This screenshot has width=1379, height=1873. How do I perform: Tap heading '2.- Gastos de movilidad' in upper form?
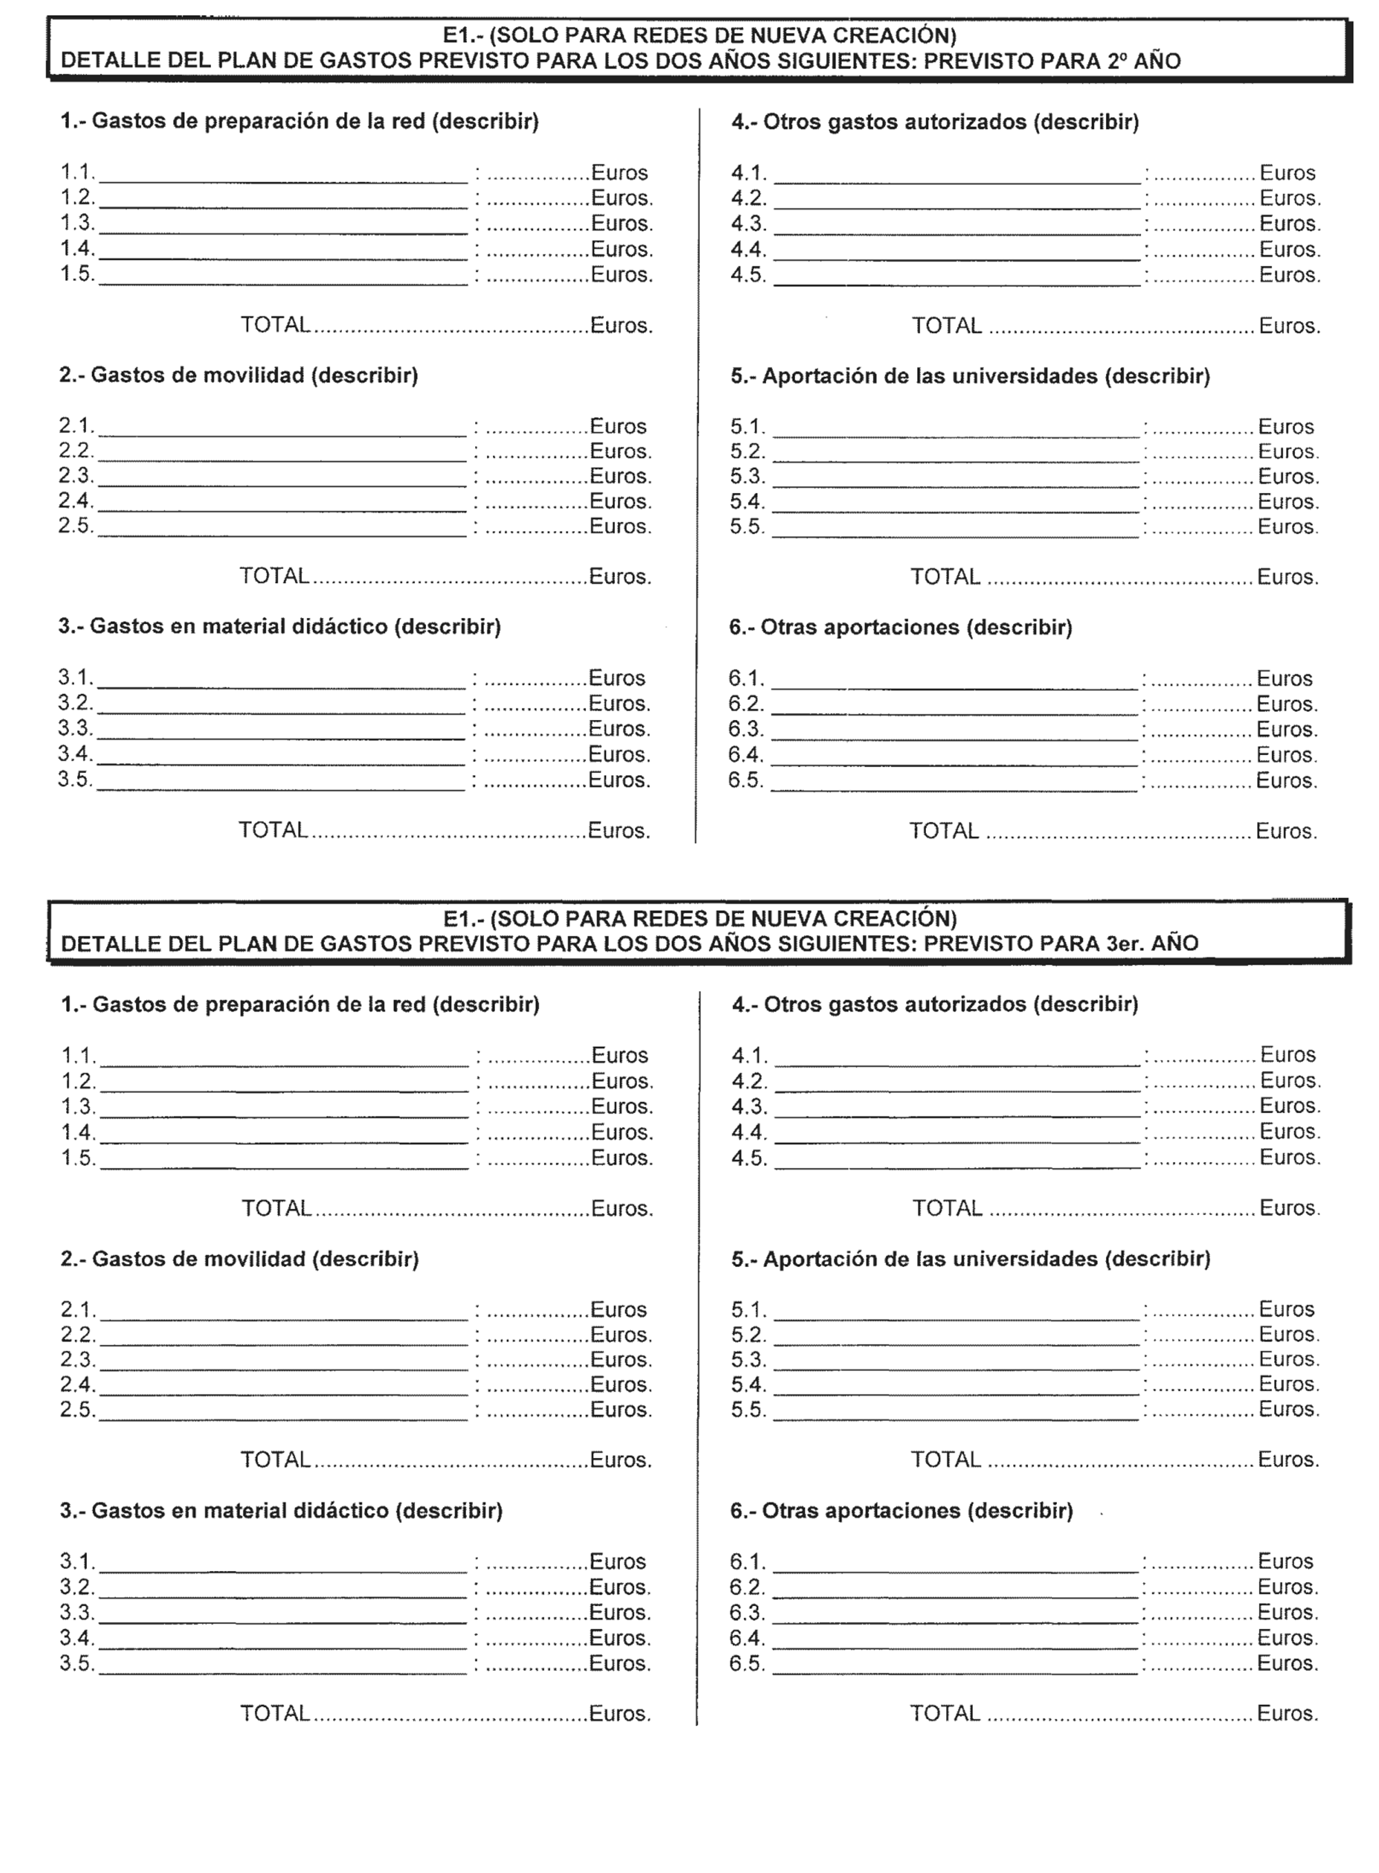pos(238,376)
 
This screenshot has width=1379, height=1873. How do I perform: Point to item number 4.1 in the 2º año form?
pos(748,173)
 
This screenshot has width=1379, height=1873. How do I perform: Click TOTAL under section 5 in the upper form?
pos(945,577)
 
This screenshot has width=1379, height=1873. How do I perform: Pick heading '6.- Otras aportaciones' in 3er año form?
pos(902,1510)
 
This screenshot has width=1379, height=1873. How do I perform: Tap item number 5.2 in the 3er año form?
pos(748,1334)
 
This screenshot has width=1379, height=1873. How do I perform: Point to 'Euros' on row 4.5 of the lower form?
pos(1289,1157)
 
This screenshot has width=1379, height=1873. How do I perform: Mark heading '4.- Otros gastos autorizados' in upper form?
pos(935,122)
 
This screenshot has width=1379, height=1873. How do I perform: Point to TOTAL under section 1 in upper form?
pos(276,325)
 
